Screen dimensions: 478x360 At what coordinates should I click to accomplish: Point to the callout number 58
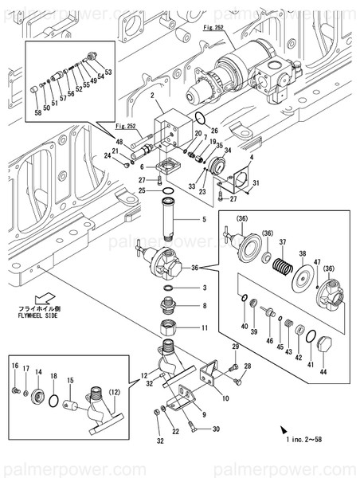(x=37, y=112)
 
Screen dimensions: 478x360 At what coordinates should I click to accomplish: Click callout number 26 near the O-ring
(x=214, y=129)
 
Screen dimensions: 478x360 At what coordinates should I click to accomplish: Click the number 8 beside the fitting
(x=204, y=306)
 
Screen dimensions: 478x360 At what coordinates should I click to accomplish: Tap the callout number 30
(x=216, y=429)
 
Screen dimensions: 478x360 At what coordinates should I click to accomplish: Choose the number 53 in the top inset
(x=108, y=72)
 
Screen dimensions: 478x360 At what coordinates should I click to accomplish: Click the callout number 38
(x=302, y=254)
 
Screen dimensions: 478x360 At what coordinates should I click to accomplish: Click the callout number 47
(x=317, y=262)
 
